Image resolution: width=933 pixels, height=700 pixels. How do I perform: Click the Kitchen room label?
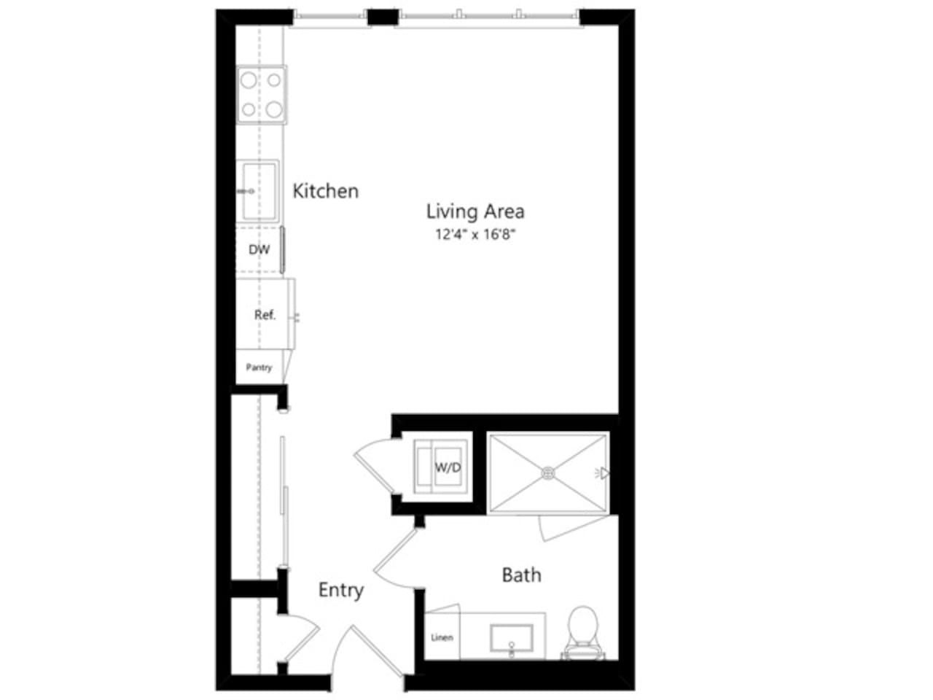pos(325,191)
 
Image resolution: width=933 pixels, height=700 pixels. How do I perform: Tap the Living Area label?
pos(475,211)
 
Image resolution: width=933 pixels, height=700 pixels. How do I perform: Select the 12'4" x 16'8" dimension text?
pos(475,235)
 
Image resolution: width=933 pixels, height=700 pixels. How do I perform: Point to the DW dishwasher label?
pos(259,249)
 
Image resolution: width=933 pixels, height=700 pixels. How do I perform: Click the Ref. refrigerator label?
pos(265,315)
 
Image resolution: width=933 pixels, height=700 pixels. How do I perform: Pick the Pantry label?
pos(259,367)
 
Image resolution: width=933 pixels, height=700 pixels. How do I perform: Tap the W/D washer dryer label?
pos(448,467)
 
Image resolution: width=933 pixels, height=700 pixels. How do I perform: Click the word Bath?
pos(521,575)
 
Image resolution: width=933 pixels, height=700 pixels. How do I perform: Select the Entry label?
pos(340,590)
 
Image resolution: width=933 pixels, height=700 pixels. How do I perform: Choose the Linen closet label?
pos(442,637)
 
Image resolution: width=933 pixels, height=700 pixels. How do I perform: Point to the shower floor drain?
pos(548,473)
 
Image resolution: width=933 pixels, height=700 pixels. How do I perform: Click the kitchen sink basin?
pos(260,191)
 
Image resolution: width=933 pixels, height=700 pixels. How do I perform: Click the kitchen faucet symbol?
pos(245,191)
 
